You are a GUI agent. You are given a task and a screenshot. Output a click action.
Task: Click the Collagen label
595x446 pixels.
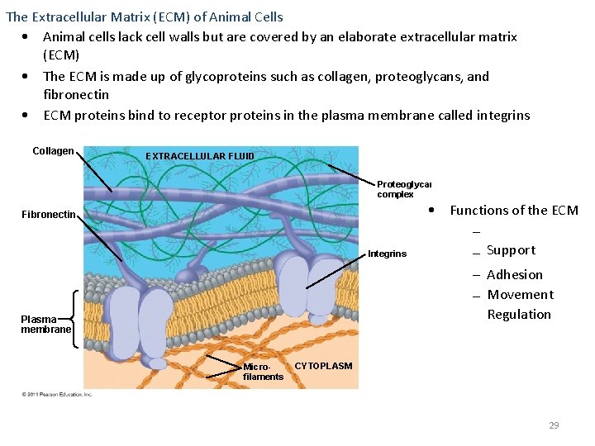tap(53, 151)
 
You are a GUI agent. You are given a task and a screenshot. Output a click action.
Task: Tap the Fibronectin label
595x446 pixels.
tap(48, 216)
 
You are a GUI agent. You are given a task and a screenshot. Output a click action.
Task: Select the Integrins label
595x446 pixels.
tap(387, 254)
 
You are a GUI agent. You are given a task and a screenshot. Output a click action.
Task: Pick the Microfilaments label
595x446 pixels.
tap(263, 372)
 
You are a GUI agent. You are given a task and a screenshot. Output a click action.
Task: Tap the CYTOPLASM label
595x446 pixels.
tap(323, 366)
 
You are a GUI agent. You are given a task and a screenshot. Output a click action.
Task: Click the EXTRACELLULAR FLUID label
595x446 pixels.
tap(200, 156)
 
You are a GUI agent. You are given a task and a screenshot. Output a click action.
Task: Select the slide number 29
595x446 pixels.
tap(554, 425)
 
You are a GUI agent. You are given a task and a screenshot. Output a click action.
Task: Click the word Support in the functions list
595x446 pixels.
tap(511, 250)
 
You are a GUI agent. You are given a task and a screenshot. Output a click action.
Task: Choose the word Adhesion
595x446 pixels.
tap(515, 275)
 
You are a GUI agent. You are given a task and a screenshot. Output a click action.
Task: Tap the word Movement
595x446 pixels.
tap(520, 295)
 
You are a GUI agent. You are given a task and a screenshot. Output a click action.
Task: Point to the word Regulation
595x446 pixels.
tap(519, 315)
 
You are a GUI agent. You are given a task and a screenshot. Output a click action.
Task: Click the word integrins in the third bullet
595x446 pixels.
tap(503, 116)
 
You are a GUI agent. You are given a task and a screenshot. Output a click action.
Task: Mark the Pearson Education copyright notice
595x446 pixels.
tap(57, 394)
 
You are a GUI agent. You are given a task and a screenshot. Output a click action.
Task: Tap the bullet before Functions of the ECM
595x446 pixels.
tap(433, 210)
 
